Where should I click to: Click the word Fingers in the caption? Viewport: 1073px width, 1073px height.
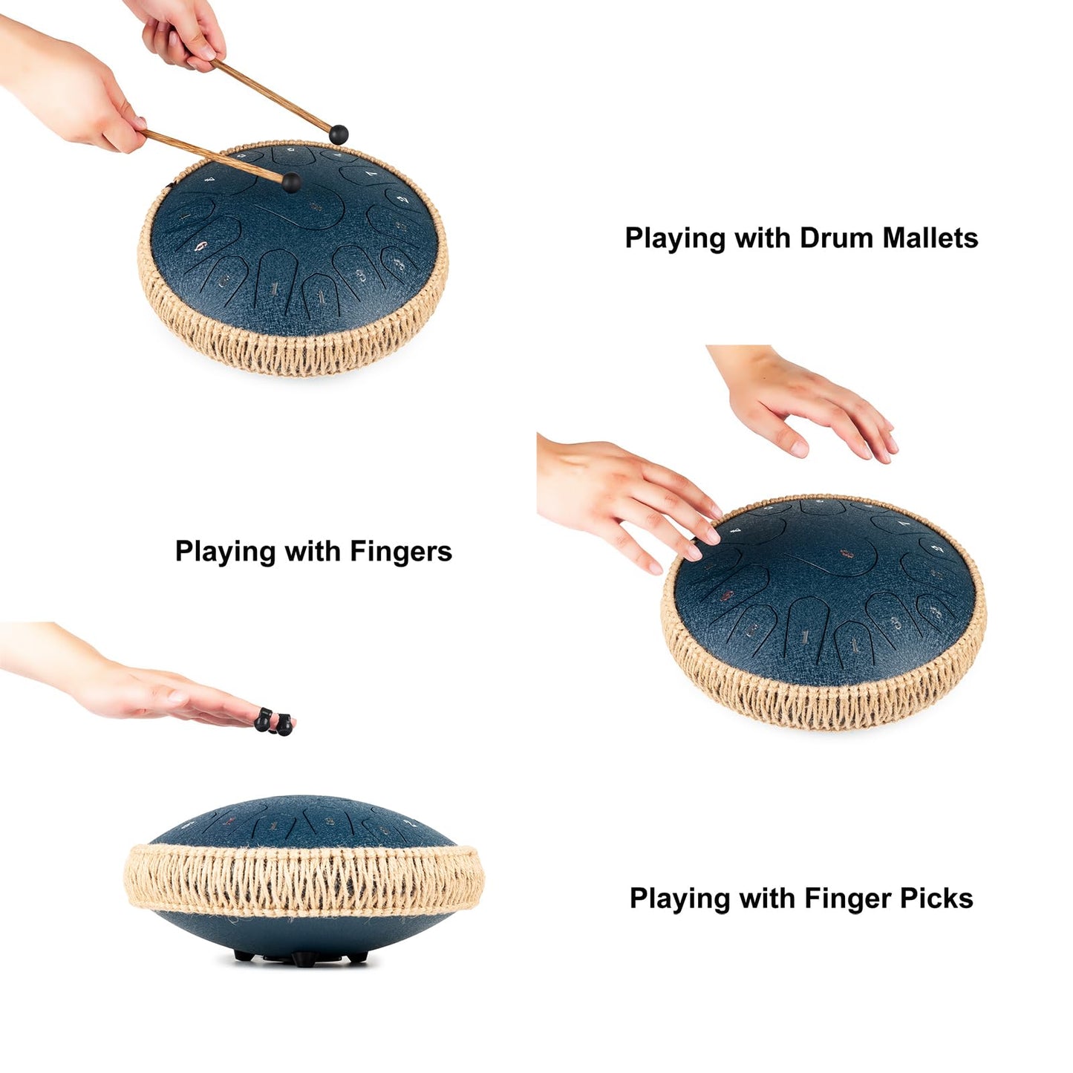pos(400,552)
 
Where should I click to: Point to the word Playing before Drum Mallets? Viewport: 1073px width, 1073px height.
pos(674,239)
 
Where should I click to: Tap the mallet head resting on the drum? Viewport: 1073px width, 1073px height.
pos(291,182)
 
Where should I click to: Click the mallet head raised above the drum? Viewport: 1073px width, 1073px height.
pos(339,134)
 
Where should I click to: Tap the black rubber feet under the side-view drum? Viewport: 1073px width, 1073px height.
pos(301,957)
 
